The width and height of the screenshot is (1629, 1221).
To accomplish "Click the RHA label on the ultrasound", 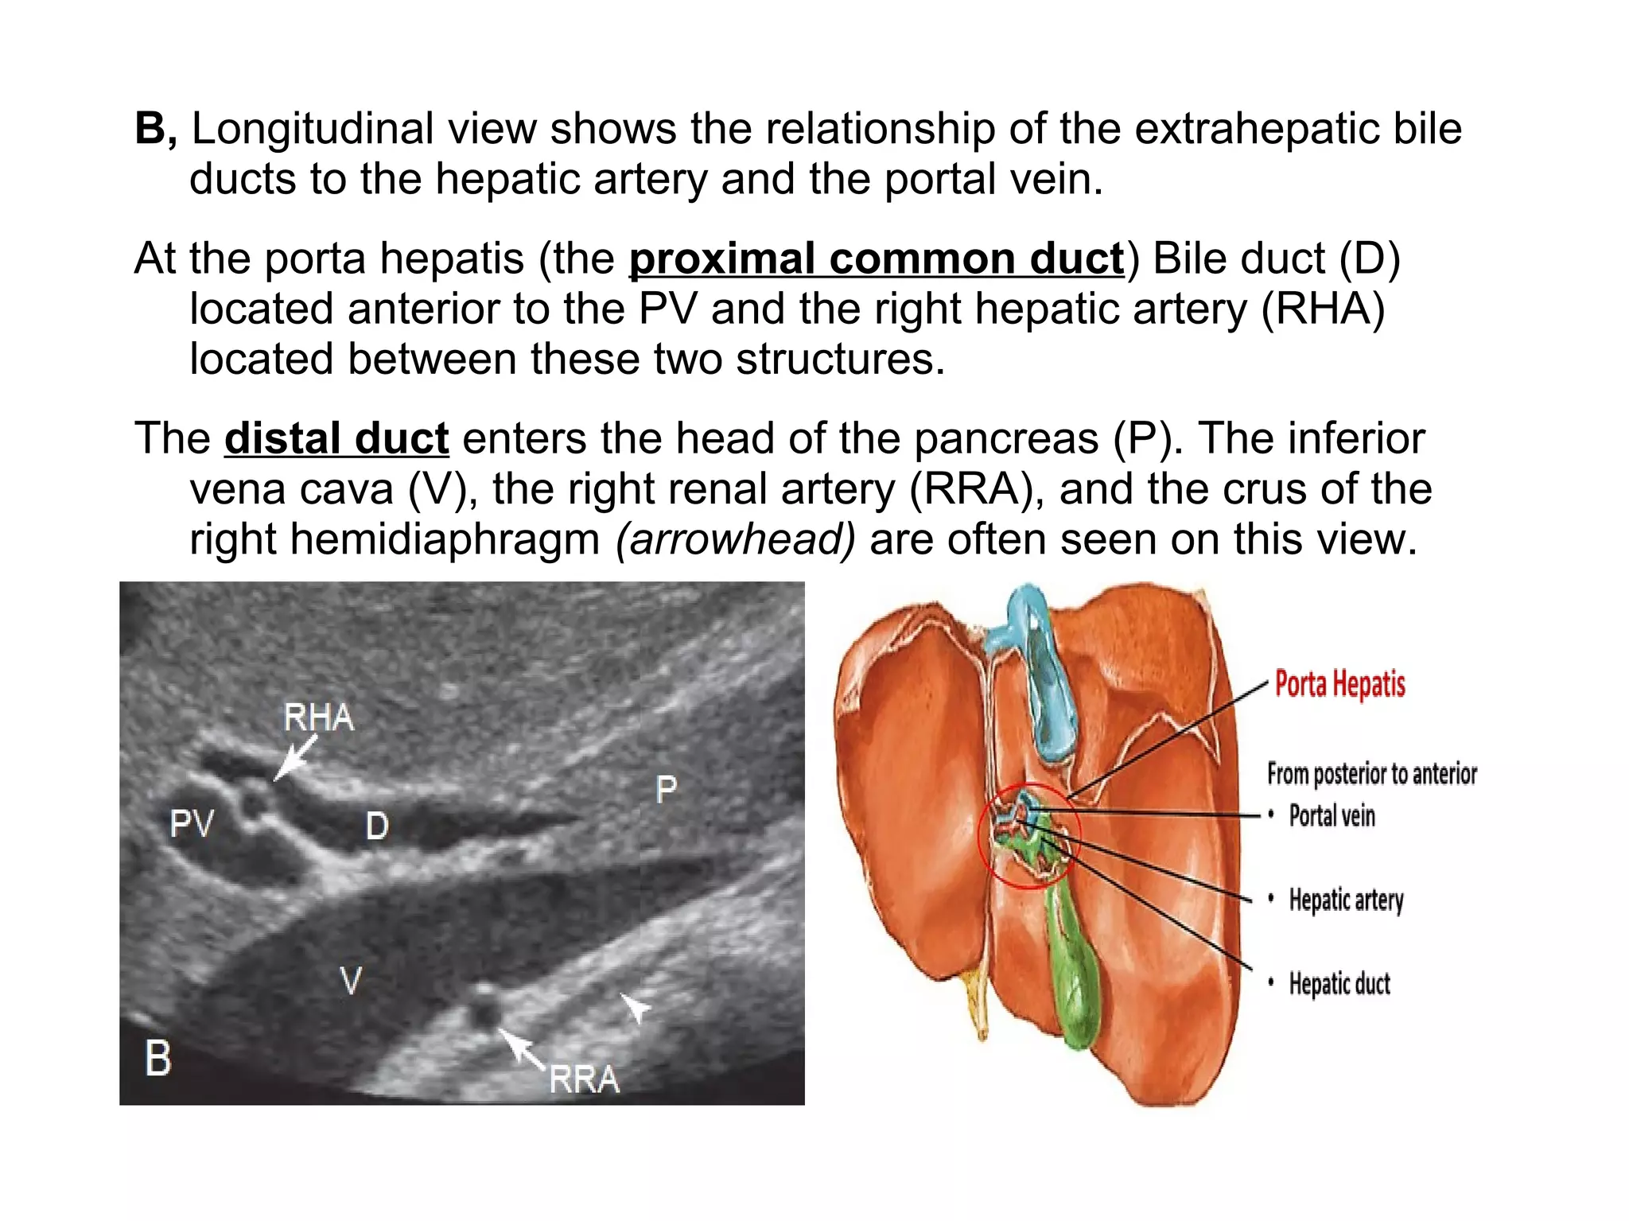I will [x=318, y=717].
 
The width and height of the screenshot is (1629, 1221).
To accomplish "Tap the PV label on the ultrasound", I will [x=192, y=823].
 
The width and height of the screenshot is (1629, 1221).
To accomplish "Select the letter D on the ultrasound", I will [x=377, y=826].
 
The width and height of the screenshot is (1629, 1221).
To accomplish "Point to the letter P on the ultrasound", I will [x=666, y=789].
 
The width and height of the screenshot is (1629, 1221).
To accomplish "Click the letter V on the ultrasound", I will [x=350, y=980].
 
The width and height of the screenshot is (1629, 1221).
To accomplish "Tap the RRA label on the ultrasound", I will [x=584, y=1079].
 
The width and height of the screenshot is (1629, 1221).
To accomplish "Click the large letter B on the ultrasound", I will [x=158, y=1059].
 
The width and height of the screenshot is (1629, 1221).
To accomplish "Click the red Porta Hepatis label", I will [x=1339, y=684].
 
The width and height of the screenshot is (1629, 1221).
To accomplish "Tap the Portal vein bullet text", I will [x=1332, y=815].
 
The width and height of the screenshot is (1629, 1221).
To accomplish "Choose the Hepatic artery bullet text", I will [x=1346, y=900].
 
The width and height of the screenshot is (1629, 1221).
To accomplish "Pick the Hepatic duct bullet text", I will [x=1339, y=984].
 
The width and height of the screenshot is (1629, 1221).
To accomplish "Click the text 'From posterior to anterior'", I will [x=1371, y=773].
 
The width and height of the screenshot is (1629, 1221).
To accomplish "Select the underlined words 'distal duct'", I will [x=336, y=438].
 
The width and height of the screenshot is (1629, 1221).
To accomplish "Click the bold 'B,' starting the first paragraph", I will [x=156, y=129].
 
